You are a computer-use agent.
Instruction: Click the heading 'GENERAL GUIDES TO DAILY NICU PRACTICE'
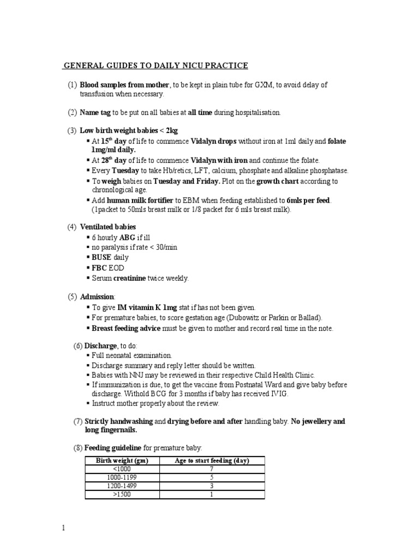point(156,66)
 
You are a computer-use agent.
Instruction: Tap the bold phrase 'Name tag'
point(95,113)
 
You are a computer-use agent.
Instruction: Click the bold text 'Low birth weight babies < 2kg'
point(129,131)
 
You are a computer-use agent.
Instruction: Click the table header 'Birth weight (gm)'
point(122,460)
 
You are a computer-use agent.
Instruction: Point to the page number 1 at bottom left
point(64,528)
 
